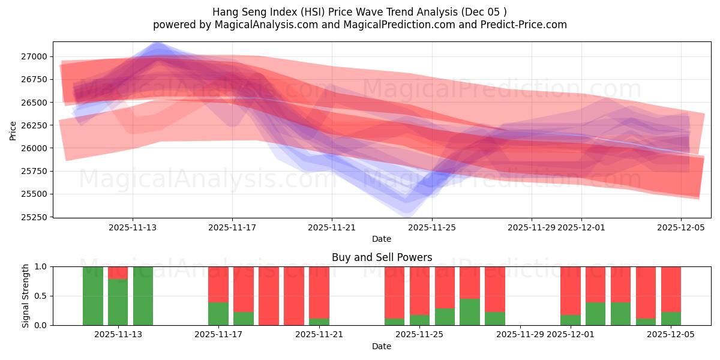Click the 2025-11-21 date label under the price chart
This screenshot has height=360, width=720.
332,228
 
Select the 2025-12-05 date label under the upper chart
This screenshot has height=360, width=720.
680,228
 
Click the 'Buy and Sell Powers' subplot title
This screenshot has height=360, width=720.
382,257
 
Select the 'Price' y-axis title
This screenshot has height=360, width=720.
13,130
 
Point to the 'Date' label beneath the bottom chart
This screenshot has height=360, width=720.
382,346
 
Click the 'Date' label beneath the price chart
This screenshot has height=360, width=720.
382,239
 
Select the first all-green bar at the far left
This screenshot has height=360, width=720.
93,296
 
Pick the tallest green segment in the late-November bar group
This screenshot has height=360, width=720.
470,312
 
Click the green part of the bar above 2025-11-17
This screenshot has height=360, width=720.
218,314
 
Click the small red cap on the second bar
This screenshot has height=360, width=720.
118,272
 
